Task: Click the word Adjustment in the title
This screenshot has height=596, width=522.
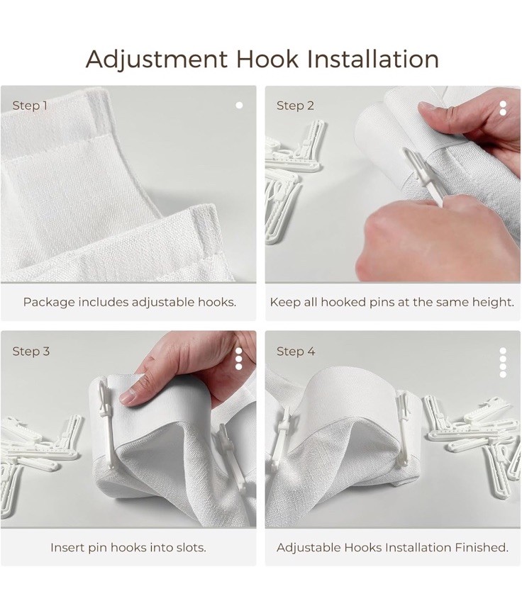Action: point(157,60)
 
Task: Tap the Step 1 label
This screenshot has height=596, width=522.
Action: point(30,106)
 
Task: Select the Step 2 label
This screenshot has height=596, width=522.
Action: point(295,106)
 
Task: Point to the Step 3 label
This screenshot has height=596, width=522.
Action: point(30,352)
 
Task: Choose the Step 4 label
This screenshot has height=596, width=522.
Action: point(296,352)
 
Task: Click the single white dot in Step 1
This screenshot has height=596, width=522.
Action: point(239,106)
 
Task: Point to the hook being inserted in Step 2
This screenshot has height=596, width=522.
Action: point(422,176)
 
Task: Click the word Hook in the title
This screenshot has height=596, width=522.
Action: point(267,60)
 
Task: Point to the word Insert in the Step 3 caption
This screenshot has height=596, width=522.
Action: point(67,547)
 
